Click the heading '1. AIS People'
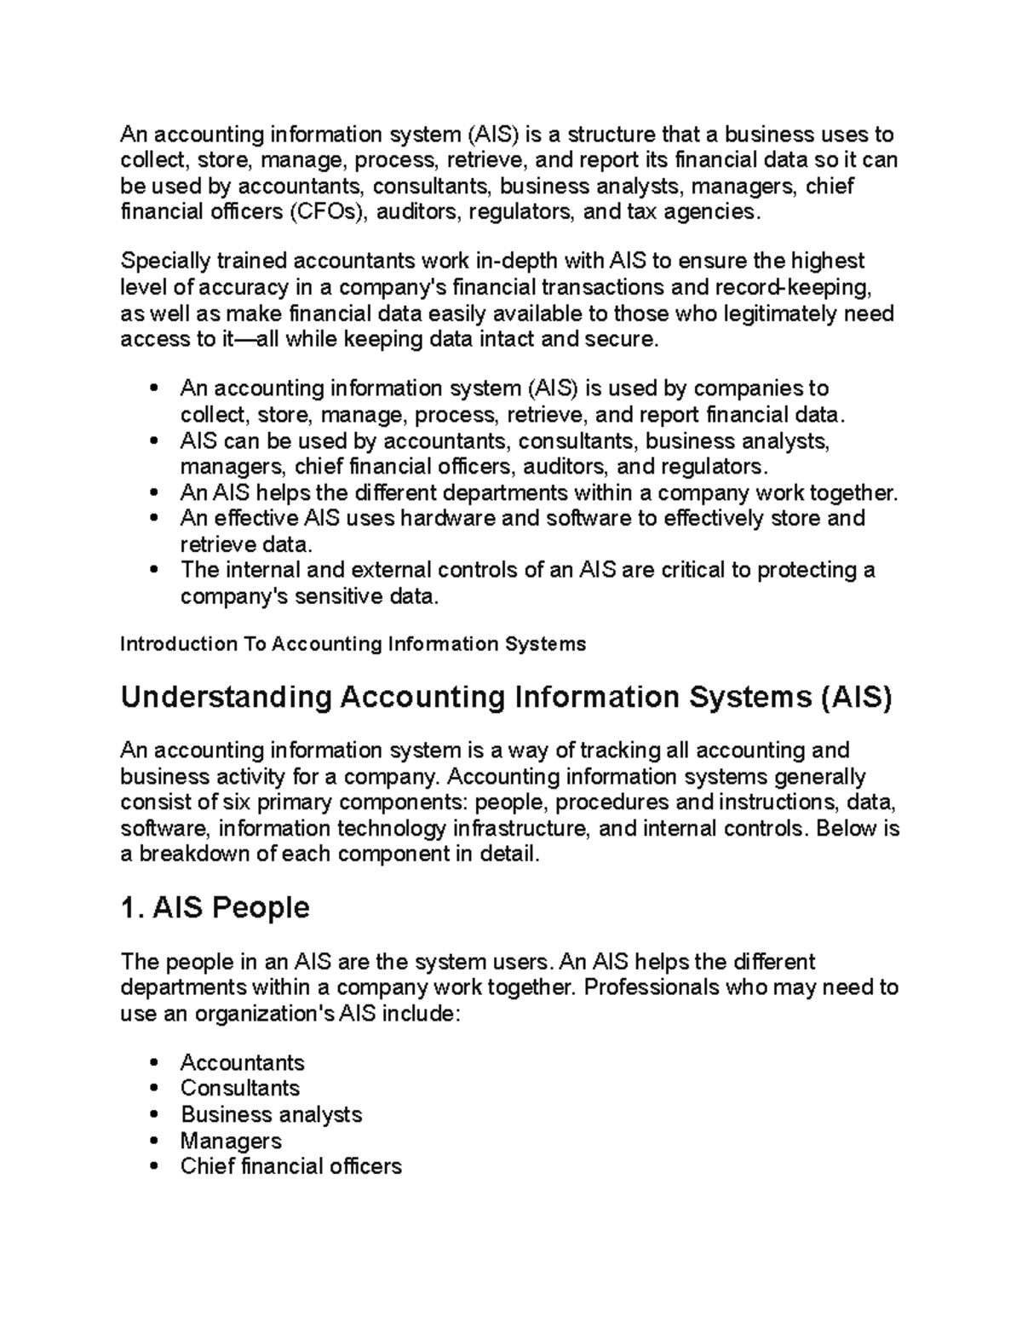pyautogui.click(x=215, y=908)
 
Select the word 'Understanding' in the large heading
pyautogui.click(x=226, y=698)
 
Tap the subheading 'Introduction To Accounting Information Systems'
pyautogui.click(x=353, y=644)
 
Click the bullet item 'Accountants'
pyautogui.click(x=242, y=1062)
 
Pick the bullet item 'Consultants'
pyautogui.click(x=239, y=1088)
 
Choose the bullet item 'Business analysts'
pyautogui.click(x=271, y=1114)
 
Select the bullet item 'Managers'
pyautogui.click(x=230, y=1141)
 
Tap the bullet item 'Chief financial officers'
pyautogui.click(x=290, y=1166)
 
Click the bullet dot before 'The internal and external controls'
pyautogui.click(x=154, y=570)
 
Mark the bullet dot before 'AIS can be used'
pyautogui.click(x=154, y=441)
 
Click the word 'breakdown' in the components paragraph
pyautogui.click(x=193, y=854)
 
